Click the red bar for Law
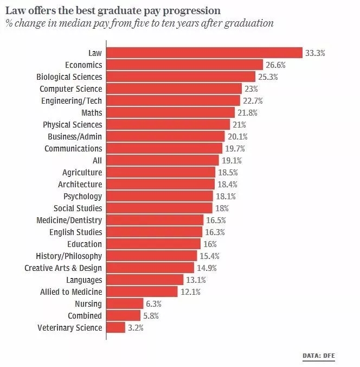[x=204, y=53]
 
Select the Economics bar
[x=184, y=65]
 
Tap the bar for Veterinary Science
[x=116, y=327]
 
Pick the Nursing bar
[x=125, y=303]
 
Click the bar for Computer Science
[x=174, y=88]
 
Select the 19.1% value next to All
[x=231, y=160]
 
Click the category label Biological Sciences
[x=69, y=77]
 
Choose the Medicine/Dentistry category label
[x=69, y=220]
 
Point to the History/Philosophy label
[x=69, y=256]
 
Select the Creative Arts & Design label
[x=63, y=268]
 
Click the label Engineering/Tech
[x=72, y=100]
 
